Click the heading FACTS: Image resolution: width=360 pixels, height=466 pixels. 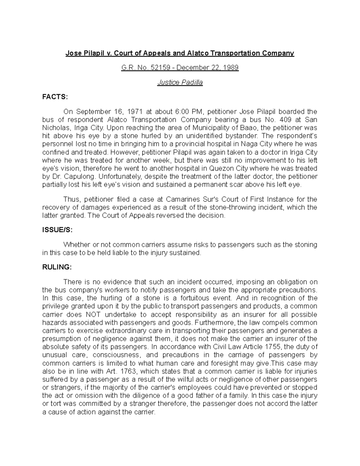click(x=55, y=97)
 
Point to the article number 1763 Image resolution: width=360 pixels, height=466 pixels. click(x=128, y=371)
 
